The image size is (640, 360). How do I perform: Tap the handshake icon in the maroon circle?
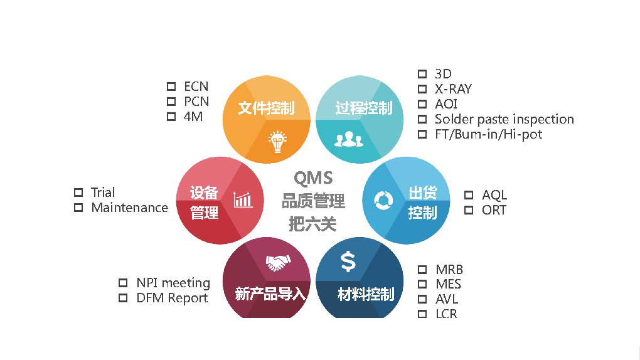click(x=278, y=262)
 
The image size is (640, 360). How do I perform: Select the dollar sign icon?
click(x=348, y=261)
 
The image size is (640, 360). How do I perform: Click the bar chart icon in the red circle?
click(x=243, y=199)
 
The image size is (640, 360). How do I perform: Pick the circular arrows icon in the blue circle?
click(x=383, y=200)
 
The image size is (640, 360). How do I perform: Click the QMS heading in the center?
click(x=313, y=179)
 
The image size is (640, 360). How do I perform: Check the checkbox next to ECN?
click(x=171, y=87)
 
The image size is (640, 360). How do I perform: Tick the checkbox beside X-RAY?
click(x=422, y=89)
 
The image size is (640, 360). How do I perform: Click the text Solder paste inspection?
click(x=504, y=119)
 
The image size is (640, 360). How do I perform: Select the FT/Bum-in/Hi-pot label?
click(x=488, y=134)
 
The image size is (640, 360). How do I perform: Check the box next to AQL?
click(x=469, y=195)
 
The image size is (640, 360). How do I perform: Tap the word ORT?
click(x=494, y=210)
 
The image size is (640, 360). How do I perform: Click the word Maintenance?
click(x=129, y=208)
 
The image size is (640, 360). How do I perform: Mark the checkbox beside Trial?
click(x=78, y=193)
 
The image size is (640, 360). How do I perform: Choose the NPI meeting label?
click(x=173, y=283)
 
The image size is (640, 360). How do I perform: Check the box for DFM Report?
click(x=123, y=298)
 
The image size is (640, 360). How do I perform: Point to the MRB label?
click(x=449, y=270)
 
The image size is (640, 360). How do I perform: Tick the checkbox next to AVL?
click(x=422, y=299)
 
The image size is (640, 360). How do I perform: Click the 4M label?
click(x=193, y=117)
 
